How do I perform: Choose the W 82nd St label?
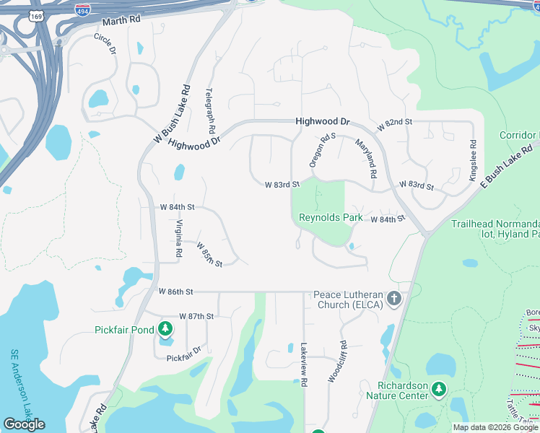coord(394,124)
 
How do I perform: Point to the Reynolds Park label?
coord(331,217)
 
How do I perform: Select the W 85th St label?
coord(209,255)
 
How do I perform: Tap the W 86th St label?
coord(176,292)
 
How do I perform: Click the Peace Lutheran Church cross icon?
coord(393,298)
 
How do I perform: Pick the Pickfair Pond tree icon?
coord(165,330)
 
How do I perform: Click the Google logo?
coord(24,424)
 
